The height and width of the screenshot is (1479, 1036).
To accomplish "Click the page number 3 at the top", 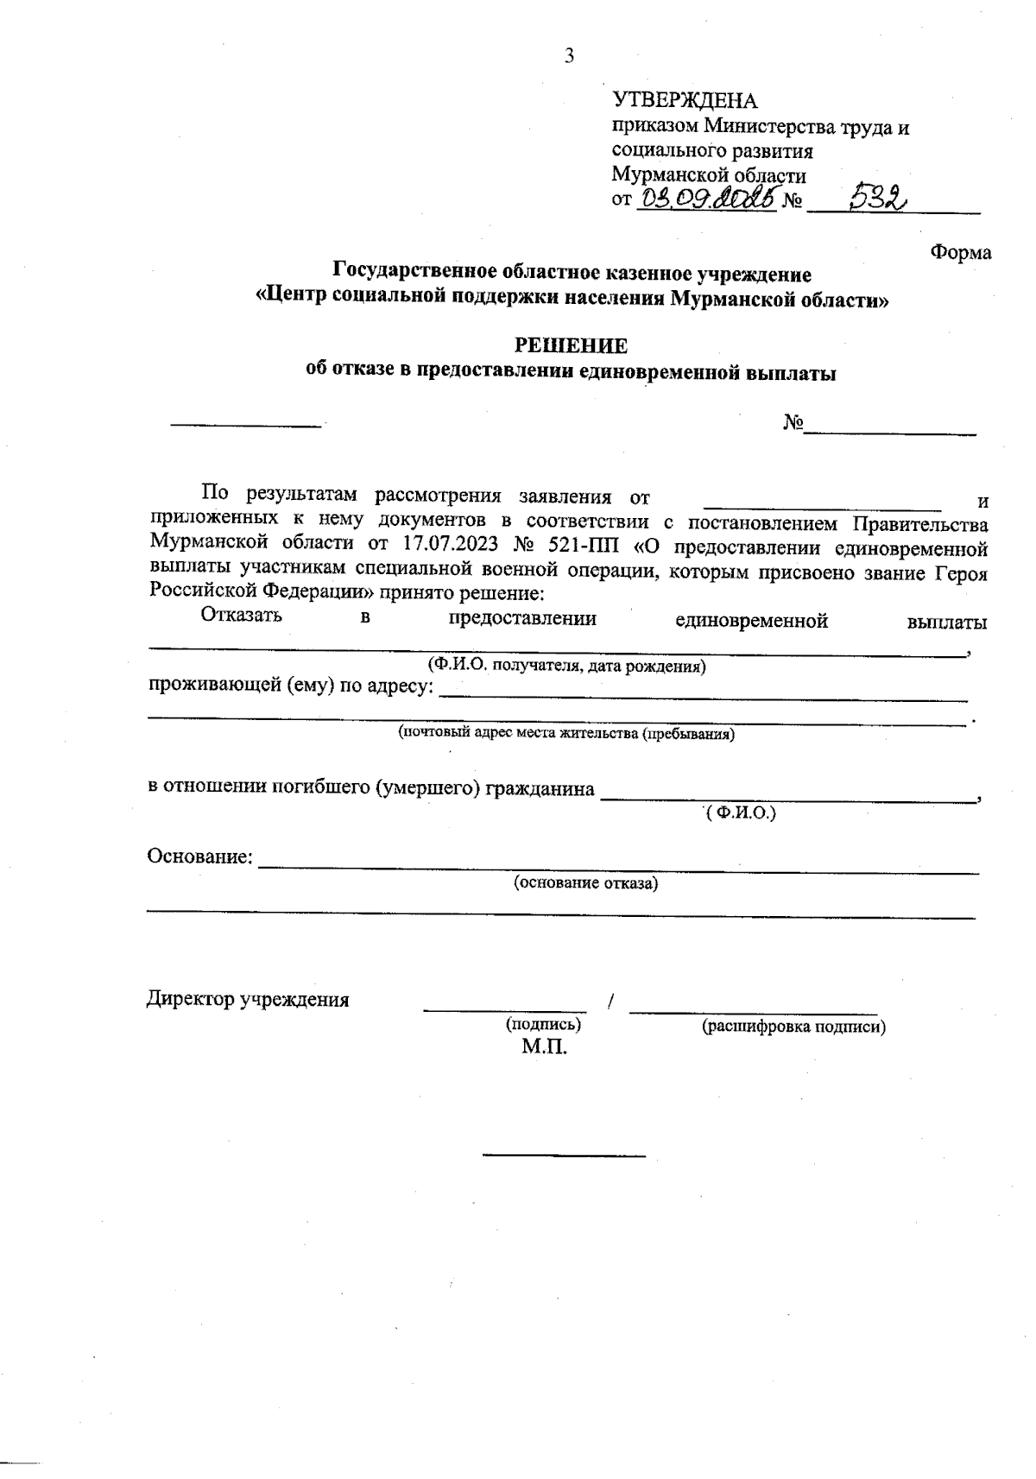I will pyautogui.click(x=568, y=58).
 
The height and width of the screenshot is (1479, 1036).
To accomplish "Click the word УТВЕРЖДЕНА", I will pyautogui.click(x=685, y=101).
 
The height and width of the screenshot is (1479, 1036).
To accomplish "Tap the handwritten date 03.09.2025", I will pyautogui.click(x=707, y=199).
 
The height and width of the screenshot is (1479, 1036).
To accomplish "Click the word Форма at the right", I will pyautogui.click(x=960, y=253).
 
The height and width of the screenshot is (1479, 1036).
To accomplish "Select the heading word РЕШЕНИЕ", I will pyautogui.click(x=571, y=346).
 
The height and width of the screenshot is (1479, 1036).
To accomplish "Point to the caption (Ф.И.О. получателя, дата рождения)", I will pyautogui.click(x=567, y=667).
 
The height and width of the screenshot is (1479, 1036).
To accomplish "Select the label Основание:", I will pyautogui.click(x=200, y=857).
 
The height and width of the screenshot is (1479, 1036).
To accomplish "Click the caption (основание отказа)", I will pyautogui.click(x=585, y=883).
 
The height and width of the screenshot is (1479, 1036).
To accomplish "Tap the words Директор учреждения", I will pyautogui.click(x=248, y=1000).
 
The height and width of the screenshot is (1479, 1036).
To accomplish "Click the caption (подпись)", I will pyautogui.click(x=542, y=1025).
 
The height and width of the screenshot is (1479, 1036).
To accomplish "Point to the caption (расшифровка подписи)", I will pyautogui.click(x=793, y=1027).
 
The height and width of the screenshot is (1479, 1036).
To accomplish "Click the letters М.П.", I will pyautogui.click(x=544, y=1048).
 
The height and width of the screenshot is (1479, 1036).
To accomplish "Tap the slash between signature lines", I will pyautogui.click(x=610, y=1002).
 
